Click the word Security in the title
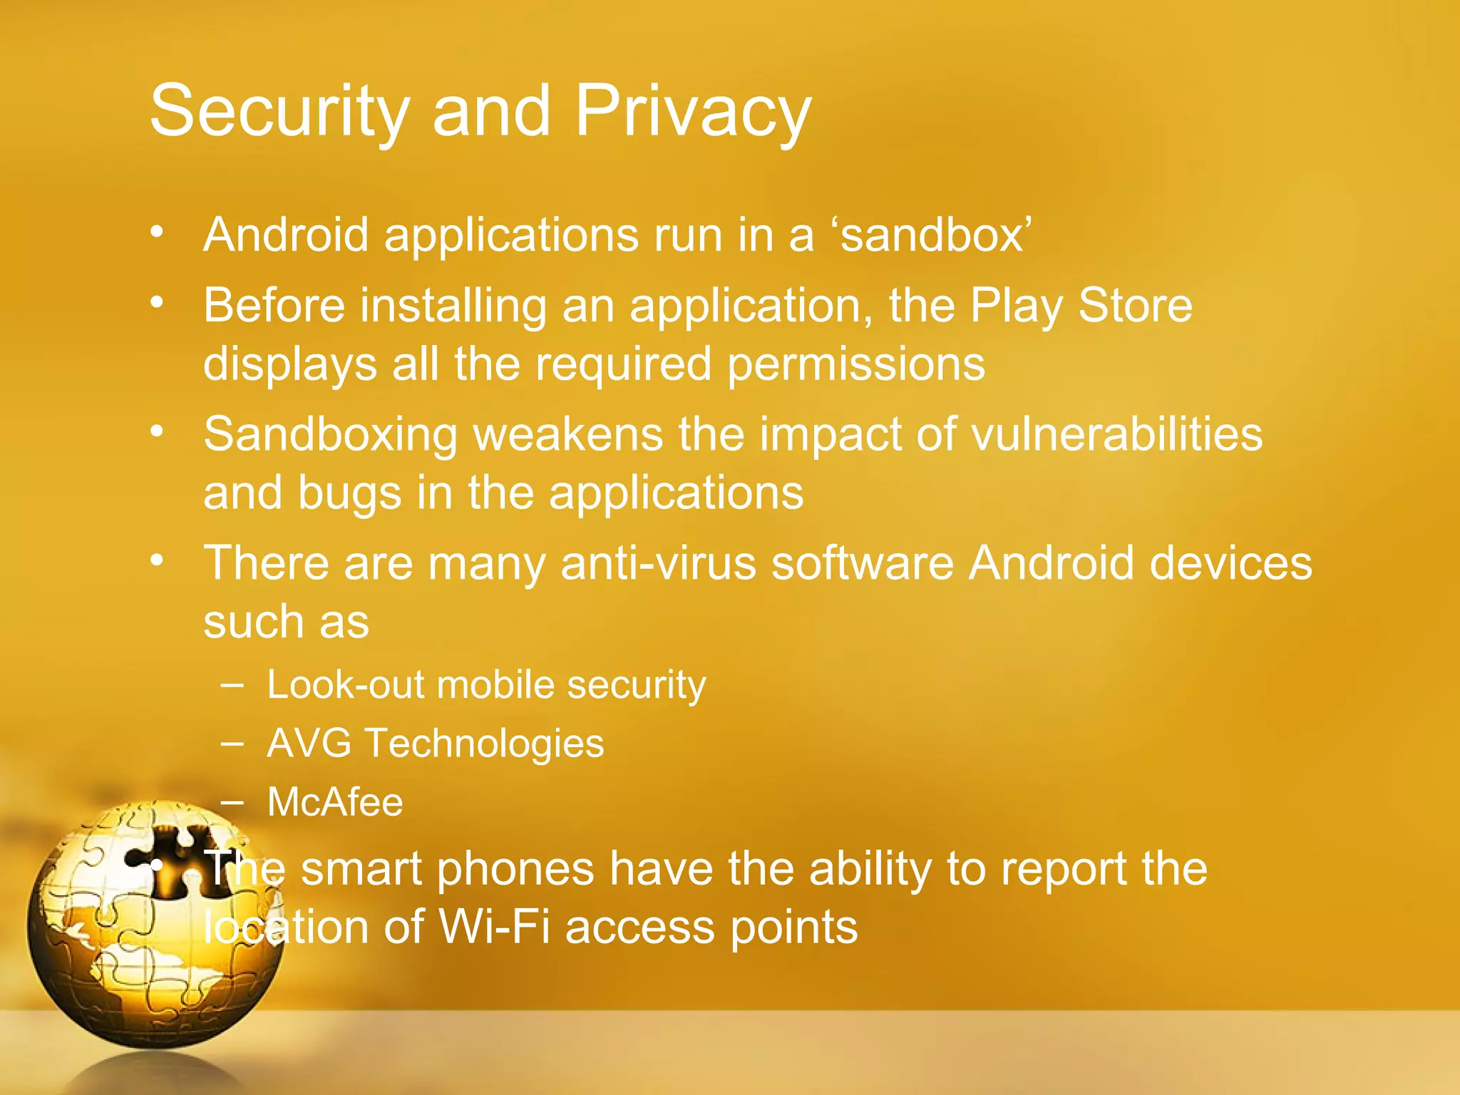pos(279,112)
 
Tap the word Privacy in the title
pos(693,112)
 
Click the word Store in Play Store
pos(1135,305)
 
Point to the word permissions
pos(855,364)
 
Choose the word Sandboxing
pos(330,434)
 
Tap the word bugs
pos(349,493)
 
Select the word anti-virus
pos(658,563)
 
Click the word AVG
pos(309,744)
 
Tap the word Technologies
pos(485,744)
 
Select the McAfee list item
pos(334,802)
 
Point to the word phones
pos(515,869)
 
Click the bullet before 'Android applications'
pos(157,232)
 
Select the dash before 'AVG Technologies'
pos(232,743)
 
